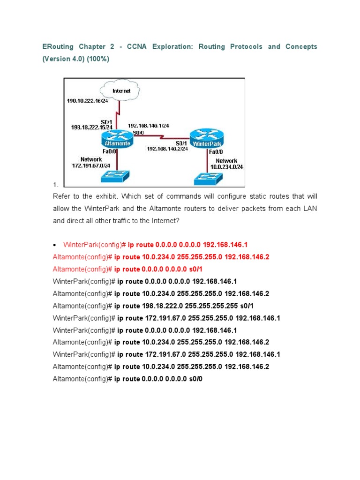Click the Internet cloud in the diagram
point(121,91)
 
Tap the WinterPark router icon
point(207,140)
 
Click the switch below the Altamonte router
point(115,176)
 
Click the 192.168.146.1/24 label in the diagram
point(148,126)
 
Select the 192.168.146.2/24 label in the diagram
point(168,149)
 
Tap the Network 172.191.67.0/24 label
point(91,163)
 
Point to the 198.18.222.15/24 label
point(92,127)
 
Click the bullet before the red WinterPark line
point(55,245)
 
